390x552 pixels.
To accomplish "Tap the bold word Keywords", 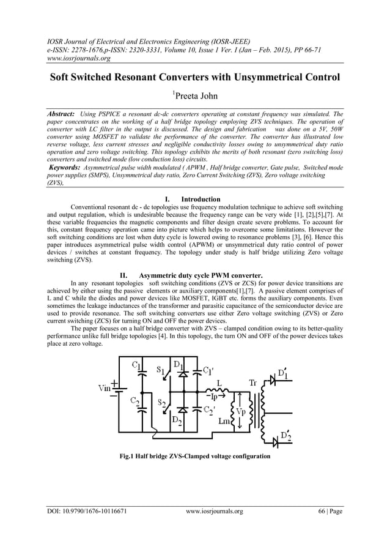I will coord(67,167).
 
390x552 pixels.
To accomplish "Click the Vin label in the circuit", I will coord(105,387).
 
